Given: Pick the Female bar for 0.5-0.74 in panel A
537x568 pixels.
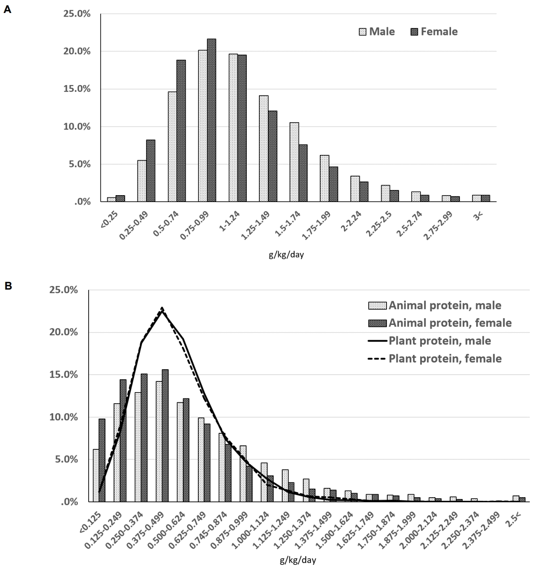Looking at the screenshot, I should click(x=181, y=131).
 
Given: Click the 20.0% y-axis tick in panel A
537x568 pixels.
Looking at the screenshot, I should click(x=78, y=51).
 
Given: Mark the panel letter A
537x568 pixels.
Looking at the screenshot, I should click(x=7, y=9).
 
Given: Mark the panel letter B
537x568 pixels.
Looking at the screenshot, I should click(x=7, y=285).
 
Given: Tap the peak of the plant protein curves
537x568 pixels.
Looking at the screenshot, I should click(x=162, y=308).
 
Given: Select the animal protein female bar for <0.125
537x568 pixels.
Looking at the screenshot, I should click(x=102, y=460).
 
